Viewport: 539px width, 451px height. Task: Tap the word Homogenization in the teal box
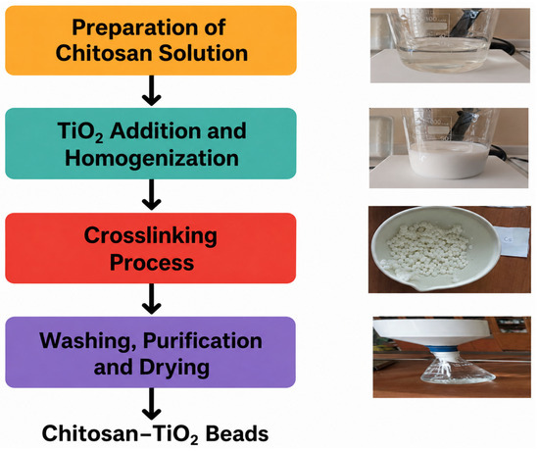(x=152, y=158)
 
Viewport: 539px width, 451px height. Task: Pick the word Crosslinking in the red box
(x=151, y=236)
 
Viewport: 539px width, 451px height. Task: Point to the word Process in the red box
(x=152, y=263)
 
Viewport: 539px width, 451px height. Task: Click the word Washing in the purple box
(x=87, y=341)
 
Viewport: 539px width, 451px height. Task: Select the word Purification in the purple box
(x=203, y=341)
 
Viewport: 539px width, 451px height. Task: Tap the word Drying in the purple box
(x=173, y=368)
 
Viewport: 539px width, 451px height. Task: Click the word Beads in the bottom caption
(x=237, y=433)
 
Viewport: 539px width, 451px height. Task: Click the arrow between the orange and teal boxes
(x=152, y=90)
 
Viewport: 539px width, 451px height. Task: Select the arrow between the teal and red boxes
(x=152, y=194)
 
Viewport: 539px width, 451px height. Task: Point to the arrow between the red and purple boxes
(x=152, y=299)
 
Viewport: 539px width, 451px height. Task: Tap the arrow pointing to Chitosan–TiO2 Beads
(x=152, y=404)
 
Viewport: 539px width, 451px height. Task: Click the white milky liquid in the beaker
(x=449, y=160)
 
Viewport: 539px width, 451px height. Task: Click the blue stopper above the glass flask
(x=443, y=352)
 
